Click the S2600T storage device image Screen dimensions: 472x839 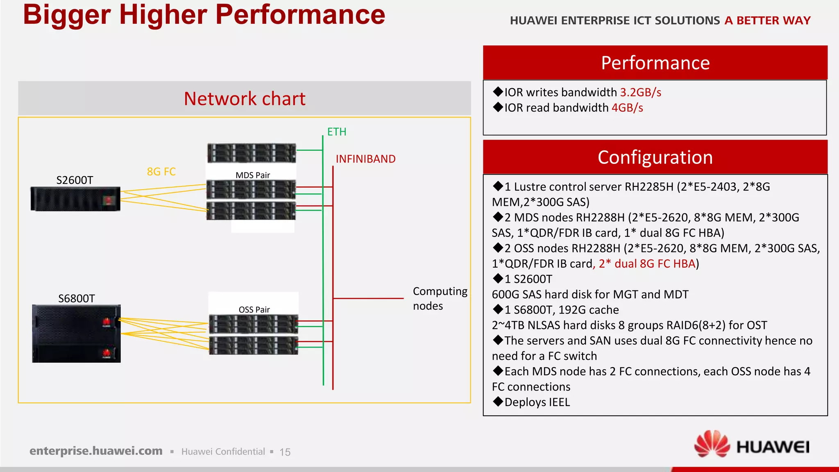(x=75, y=199)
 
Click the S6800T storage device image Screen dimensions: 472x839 (x=77, y=333)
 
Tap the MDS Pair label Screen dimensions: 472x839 (x=252, y=175)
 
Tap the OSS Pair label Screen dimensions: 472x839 (x=254, y=309)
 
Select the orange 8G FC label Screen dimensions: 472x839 (x=161, y=172)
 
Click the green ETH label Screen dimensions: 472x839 (x=336, y=132)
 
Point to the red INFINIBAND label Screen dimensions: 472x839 (x=365, y=159)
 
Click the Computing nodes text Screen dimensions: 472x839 (x=440, y=298)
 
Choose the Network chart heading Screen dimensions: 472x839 (x=245, y=99)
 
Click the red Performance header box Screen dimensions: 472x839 (x=655, y=63)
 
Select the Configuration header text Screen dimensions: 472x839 (x=655, y=157)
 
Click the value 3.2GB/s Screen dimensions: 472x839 (x=640, y=92)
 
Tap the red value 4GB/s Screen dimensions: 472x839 (x=627, y=108)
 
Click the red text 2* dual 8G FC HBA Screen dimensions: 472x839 (x=647, y=263)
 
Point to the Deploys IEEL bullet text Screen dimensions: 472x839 (x=537, y=402)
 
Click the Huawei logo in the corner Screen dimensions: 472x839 (x=752, y=445)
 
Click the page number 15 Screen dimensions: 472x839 (x=285, y=452)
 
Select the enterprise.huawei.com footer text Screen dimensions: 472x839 (x=96, y=451)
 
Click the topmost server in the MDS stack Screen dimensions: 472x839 (x=251, y=153)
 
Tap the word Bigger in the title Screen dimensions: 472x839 (x=67, y=14)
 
